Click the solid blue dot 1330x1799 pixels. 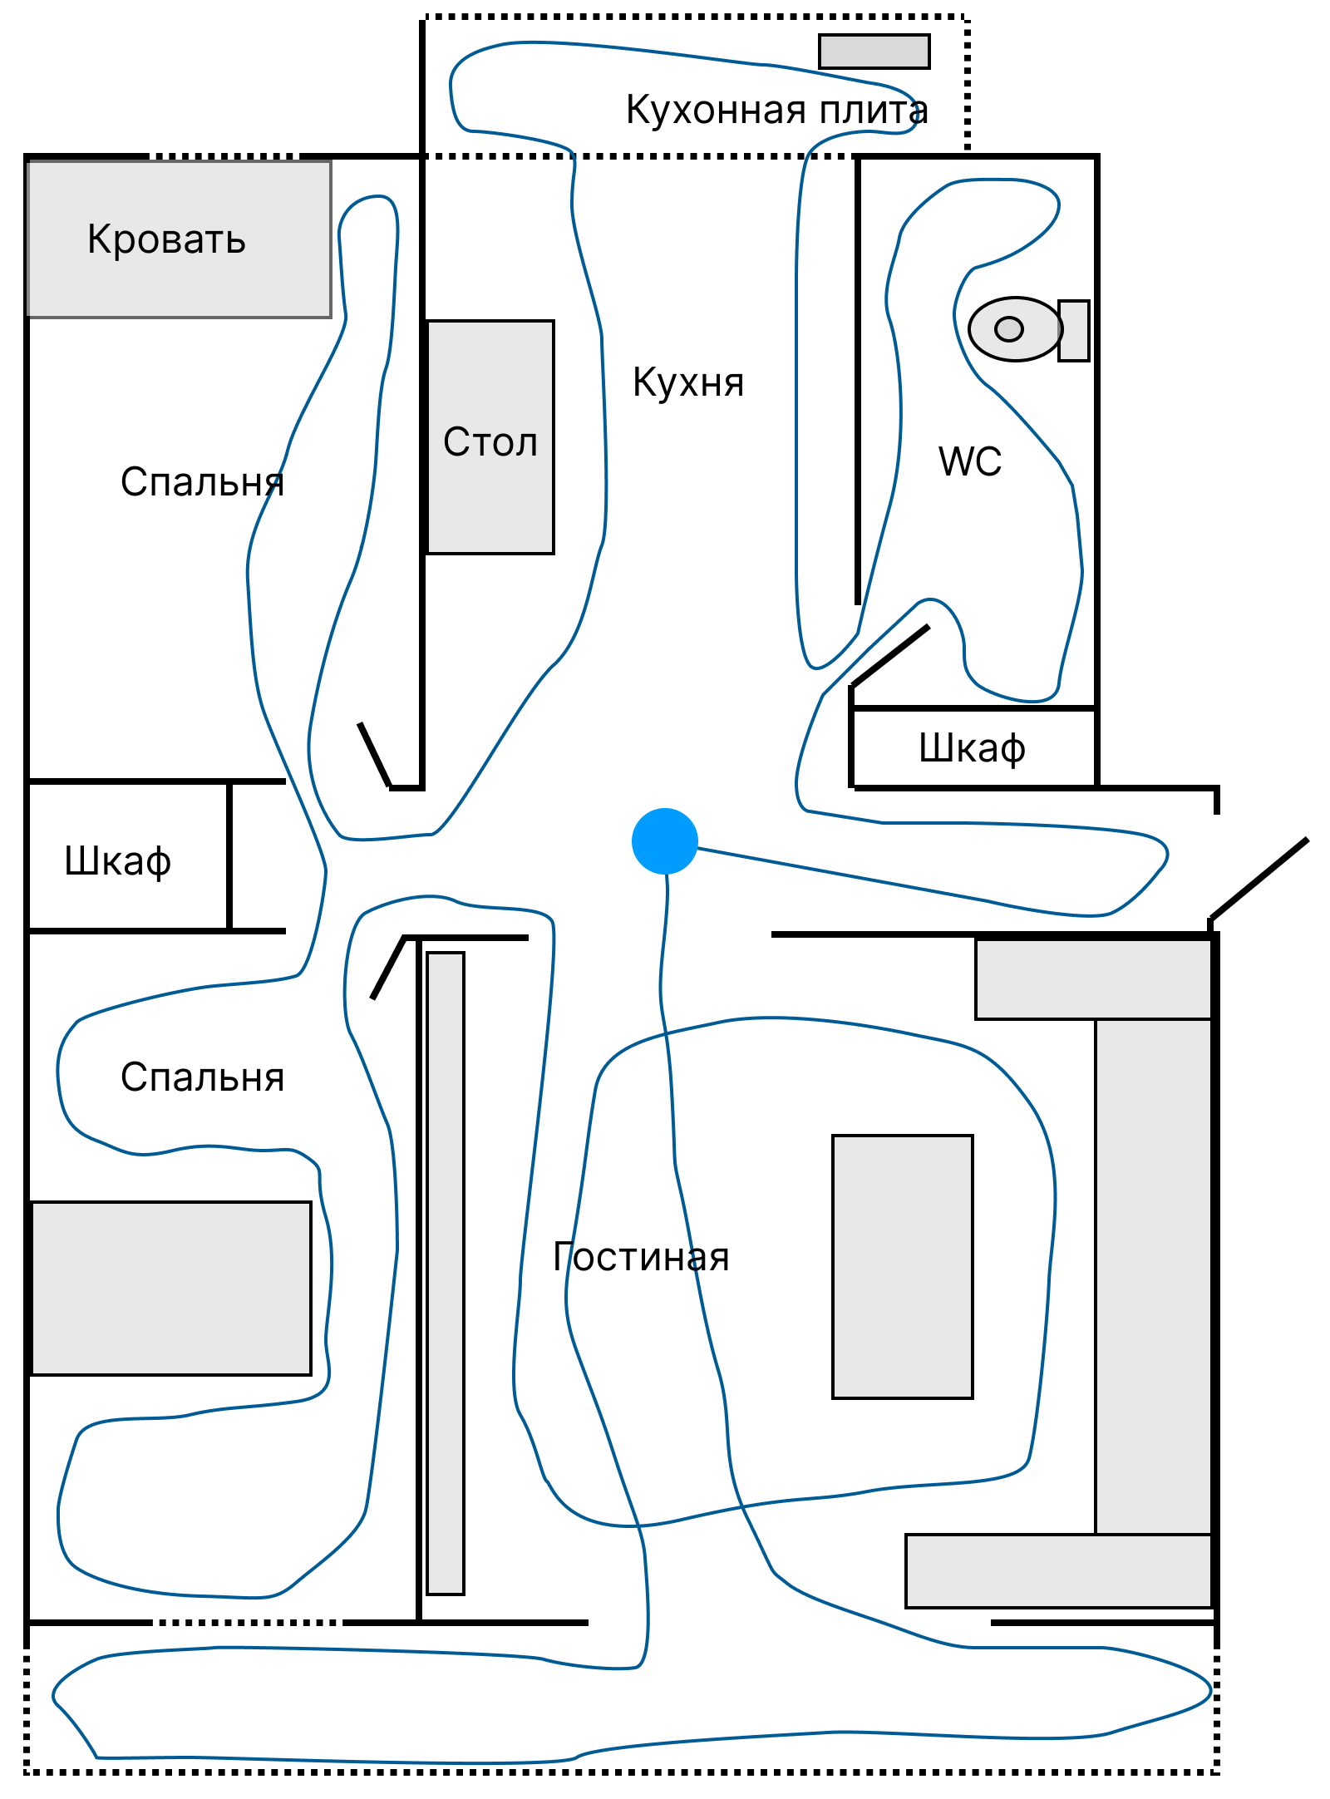click(664, 840)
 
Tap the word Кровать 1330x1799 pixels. click(166, 239)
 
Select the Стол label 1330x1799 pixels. click(490, 441)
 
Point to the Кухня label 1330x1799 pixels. click(688, 382)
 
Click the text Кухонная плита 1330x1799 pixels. click(776, 110)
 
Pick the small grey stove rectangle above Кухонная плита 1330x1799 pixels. click(874, 52)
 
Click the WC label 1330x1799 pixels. click(969, 461)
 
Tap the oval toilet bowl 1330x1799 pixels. click(1014, 329)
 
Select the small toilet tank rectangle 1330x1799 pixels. click(1073, 330)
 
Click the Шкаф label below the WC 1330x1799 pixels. click(972, 748)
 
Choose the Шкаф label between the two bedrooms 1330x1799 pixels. click(118, 860)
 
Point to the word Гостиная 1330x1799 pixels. click(641, 1257)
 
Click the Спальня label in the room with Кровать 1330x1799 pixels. click(202, 482)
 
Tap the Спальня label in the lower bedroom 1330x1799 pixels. click(202, 1077)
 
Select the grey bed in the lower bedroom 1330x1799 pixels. click(171, 1288)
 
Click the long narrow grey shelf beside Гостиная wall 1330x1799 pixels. click(446, 1273)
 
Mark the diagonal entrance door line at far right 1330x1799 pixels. click(1259, 880)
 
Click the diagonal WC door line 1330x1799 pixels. click(890, 656)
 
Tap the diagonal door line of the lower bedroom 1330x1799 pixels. click(387, 968)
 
